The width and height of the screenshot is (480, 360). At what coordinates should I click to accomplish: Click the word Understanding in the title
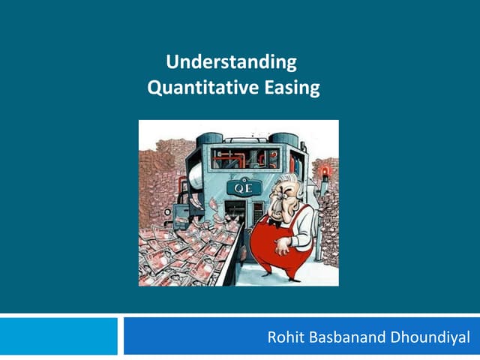pos(230,61)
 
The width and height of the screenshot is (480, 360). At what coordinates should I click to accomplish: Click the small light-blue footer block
pos(58,336)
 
